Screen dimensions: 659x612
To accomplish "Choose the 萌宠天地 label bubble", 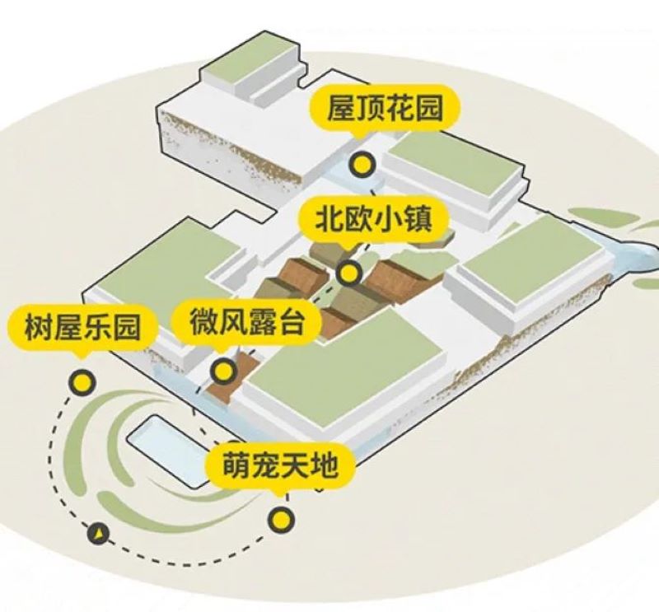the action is [280, 465].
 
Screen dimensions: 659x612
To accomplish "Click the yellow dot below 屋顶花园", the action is [362, 165].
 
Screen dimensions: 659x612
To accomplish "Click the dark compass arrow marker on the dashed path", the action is [98, 535].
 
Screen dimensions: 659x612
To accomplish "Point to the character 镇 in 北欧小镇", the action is [418, 220].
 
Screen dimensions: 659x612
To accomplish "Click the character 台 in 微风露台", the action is [290, 321].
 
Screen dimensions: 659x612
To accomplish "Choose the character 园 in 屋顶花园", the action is [428, 109].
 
